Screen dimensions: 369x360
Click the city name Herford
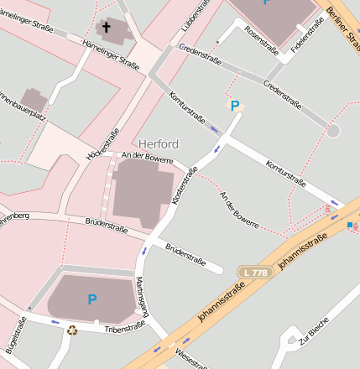(x=159, y=143)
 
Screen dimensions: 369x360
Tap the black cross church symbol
(x=107, y=29)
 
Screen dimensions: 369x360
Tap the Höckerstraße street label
(x=102, y=143)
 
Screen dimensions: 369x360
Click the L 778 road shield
(x=254, y=273)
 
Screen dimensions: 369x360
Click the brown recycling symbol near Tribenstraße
(x=72, y=330)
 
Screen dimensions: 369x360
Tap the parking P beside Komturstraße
(x=235, y=106)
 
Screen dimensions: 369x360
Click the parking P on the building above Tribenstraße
(x=91, y=299)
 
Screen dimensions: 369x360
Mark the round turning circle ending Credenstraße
(x=333, y=131)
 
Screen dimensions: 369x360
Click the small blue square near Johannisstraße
(x=350, y=225)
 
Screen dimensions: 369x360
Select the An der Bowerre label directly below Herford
(x=147, y=157)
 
